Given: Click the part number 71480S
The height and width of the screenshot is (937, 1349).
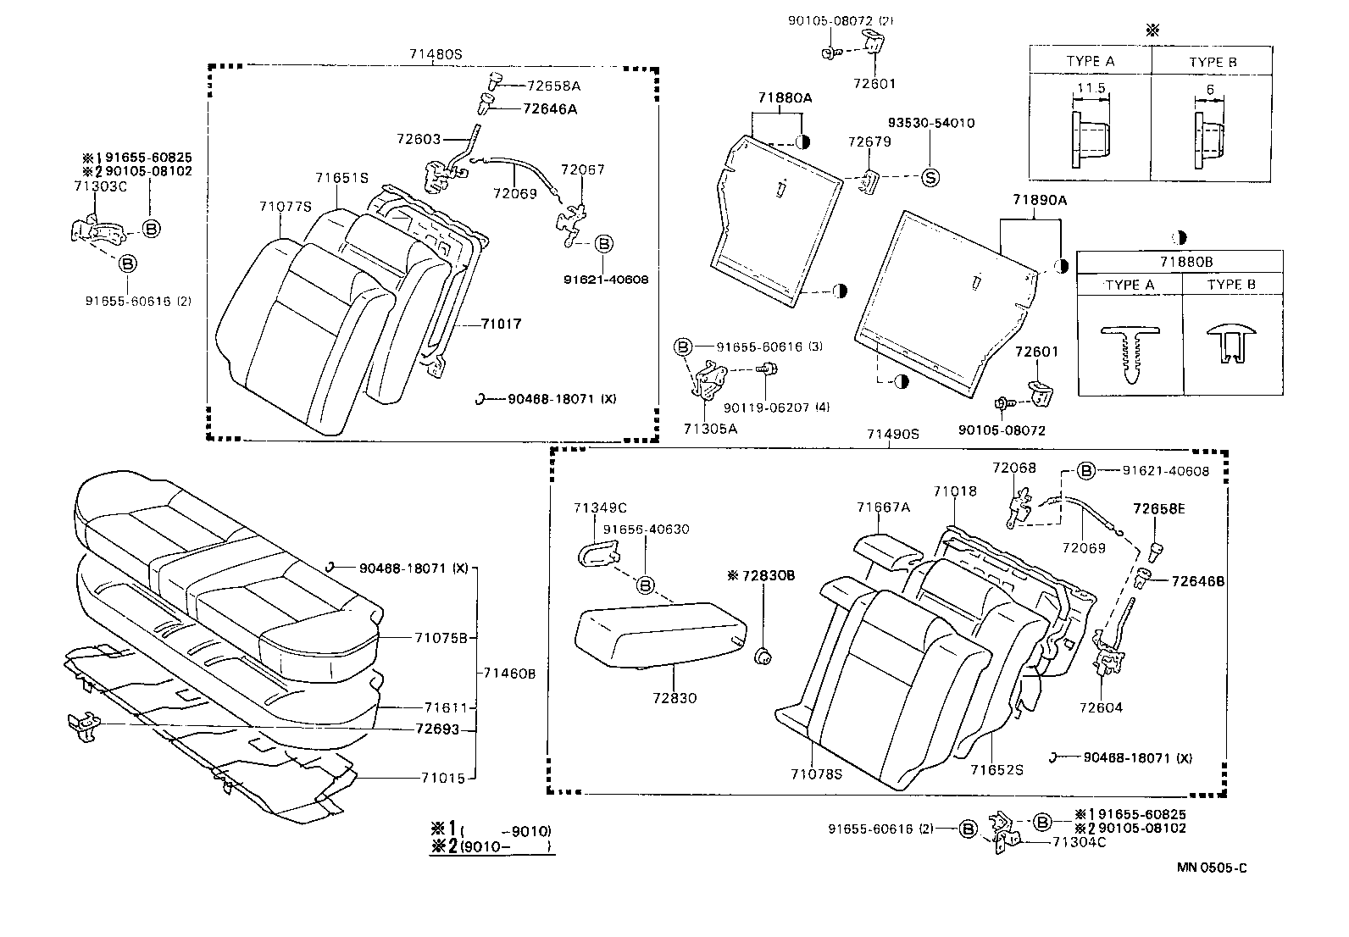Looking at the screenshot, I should [436, 54].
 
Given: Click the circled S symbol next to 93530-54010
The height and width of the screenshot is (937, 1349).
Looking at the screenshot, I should [930, 178].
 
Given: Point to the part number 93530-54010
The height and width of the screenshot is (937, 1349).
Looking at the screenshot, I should [930, 124].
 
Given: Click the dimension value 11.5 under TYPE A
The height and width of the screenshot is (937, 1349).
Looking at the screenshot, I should [1090, 88].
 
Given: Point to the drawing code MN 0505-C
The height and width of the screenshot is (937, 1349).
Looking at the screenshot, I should [1211, 868].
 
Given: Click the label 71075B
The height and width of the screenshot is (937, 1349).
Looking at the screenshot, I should [441, 638].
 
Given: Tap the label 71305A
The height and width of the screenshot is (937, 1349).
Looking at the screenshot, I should [710, 429].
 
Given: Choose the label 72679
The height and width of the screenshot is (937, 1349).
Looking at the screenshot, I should [869, 142].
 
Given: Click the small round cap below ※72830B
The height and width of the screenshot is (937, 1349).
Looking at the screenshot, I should [762, 655].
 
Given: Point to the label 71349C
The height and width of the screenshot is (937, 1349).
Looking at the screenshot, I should [599, 508].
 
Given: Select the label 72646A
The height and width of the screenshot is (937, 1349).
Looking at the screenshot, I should [550, 108].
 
